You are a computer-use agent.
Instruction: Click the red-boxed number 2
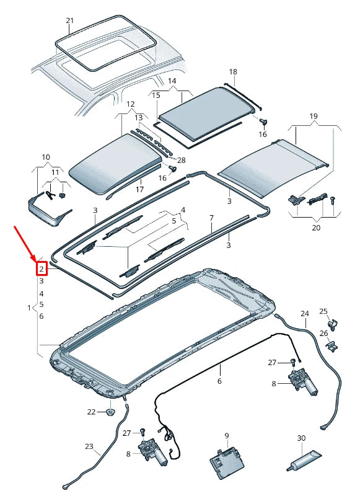click(x=42, y=270)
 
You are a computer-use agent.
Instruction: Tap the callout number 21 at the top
click(x=70, y=20)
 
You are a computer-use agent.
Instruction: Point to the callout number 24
click(x=304, y=313)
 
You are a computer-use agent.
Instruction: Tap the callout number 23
click(x=89, y=446)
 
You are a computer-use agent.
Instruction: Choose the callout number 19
click(x=314, y=117)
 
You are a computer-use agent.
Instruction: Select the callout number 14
click(x=172, y=81)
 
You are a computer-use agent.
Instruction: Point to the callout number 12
click(x=130, y=104)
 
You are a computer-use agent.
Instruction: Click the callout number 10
click(x=46, y=157)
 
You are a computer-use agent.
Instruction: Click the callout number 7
click(x=211, y=218)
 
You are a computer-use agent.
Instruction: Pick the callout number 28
click(x=182, y=160)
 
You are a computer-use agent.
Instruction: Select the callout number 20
click(x=315, y=228)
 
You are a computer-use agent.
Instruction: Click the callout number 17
click(x=140, y=189)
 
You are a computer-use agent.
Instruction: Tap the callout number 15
click(x=156, y=95)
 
